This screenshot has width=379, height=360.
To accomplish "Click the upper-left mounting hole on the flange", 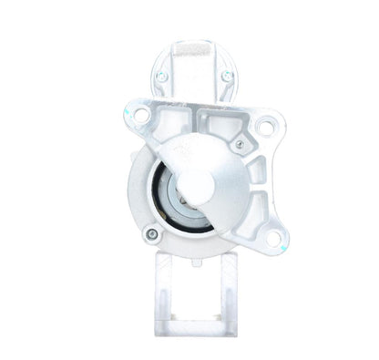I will pos(140,116).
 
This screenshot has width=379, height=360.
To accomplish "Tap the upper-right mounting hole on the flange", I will pos(264,127).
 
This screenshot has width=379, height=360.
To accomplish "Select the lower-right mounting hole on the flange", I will pos(272,240).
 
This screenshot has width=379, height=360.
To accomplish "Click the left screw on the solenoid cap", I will pos(161,77).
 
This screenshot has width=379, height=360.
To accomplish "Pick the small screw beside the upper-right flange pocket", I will pos(240,143).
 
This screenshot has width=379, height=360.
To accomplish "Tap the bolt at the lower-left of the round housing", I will pos(152,234).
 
